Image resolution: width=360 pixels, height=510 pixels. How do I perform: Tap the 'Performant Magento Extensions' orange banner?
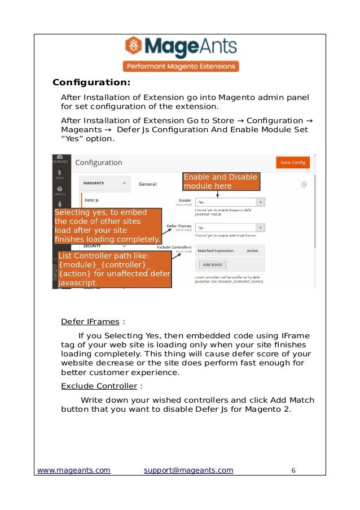(x=180, y=66)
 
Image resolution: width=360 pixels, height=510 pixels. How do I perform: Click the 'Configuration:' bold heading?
(x=91, y=82)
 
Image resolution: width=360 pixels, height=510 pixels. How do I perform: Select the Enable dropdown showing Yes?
(x=230, y=202)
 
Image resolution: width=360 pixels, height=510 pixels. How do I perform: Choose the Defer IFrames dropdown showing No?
(x=230, y=228)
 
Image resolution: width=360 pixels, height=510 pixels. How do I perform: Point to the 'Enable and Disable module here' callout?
(x=220, y=181)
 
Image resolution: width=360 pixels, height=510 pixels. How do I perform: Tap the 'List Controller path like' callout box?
(x=114, y=269)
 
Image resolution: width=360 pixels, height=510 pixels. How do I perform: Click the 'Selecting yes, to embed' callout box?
(x=107, y=225)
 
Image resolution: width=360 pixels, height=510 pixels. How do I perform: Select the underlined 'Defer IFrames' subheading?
(x=90, y=322)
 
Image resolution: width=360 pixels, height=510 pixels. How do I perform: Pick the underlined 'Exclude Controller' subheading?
(x=99, y=386)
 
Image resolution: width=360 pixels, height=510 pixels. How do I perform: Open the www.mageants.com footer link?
(x=74, y=470)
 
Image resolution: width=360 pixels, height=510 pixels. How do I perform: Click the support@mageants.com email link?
(x=188, y=470)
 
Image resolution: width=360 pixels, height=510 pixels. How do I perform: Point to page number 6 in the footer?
(x=293, y=470)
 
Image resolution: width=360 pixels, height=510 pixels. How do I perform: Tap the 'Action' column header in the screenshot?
(x=252, y=251)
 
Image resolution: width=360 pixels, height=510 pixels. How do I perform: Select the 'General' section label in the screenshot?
(x=148, y=184)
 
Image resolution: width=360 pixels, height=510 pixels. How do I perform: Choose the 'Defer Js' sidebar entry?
(x=91, y=200)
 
